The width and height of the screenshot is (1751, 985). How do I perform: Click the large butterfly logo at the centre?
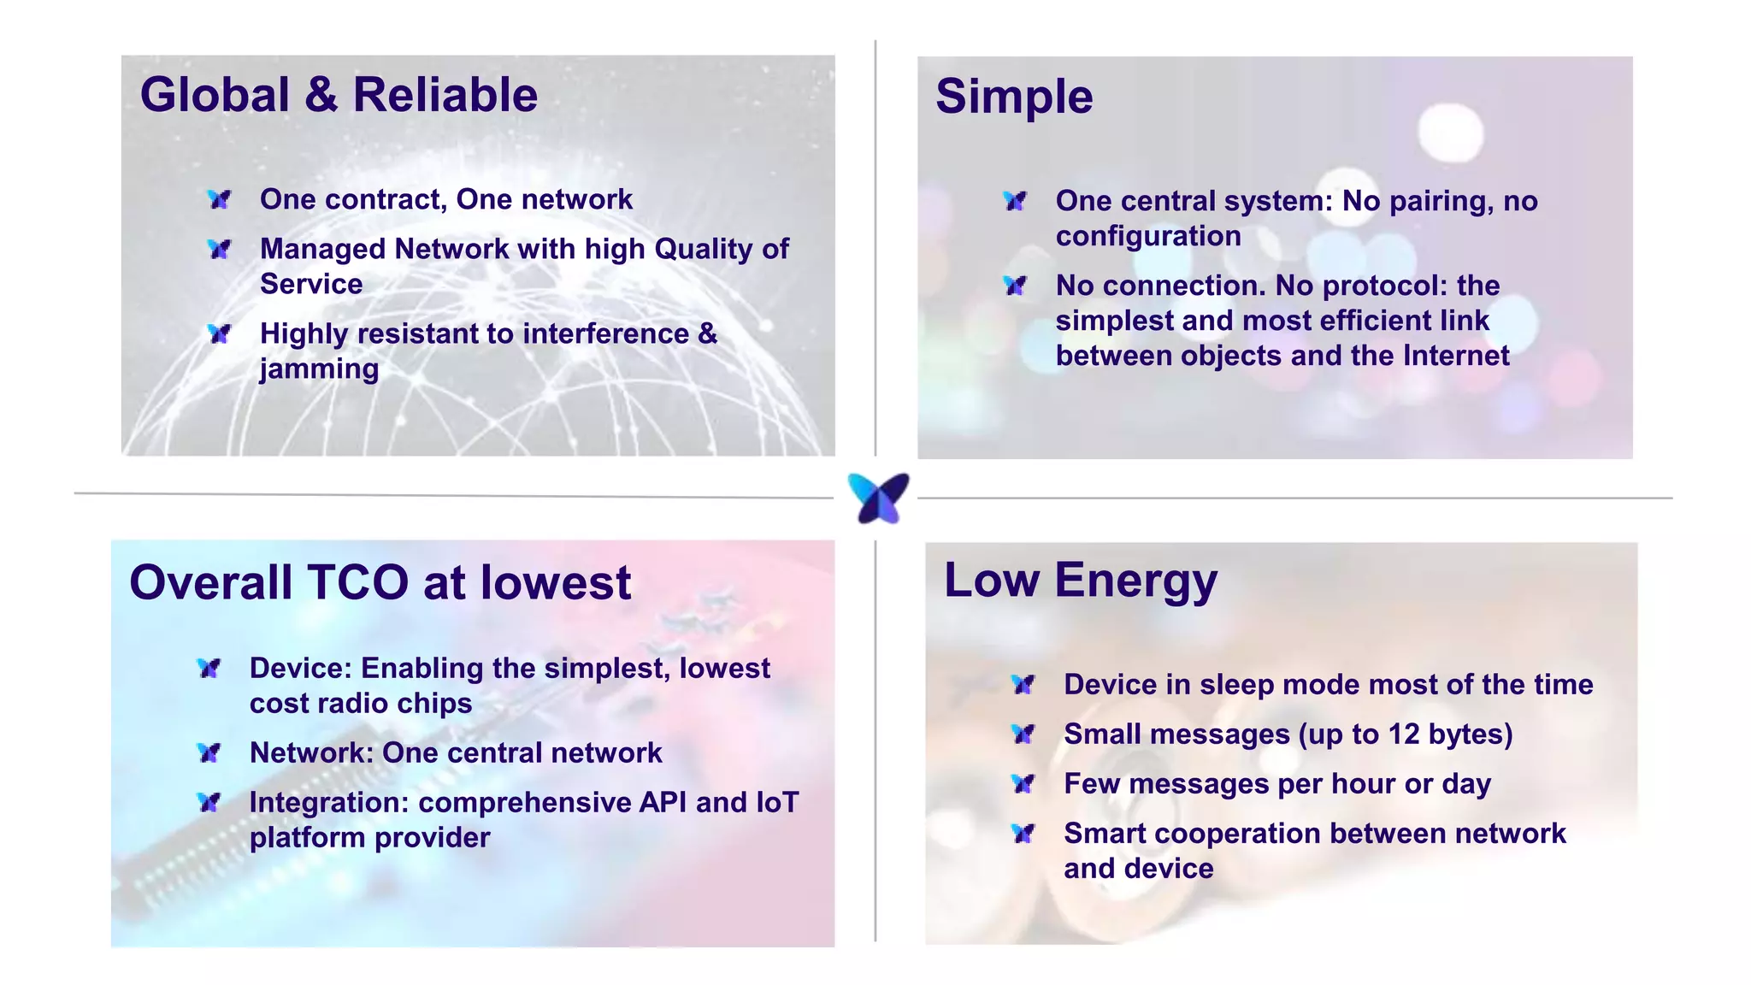pos(878,498)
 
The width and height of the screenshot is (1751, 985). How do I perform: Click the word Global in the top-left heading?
pos(215,95)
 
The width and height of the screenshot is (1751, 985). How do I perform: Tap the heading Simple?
pos(1014,97)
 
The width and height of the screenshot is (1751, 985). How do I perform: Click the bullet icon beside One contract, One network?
pos(220,200)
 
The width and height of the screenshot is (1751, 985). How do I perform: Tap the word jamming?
pos(319,369)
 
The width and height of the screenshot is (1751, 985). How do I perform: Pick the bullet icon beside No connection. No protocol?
pos(1016,286)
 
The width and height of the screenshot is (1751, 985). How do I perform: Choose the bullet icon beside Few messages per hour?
pos(1023,784)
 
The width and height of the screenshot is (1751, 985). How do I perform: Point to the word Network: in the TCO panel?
pos(311,753)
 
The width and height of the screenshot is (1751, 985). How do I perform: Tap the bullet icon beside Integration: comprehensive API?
pos(209,803)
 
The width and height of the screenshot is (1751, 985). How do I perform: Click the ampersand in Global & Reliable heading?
pos(321,95)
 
